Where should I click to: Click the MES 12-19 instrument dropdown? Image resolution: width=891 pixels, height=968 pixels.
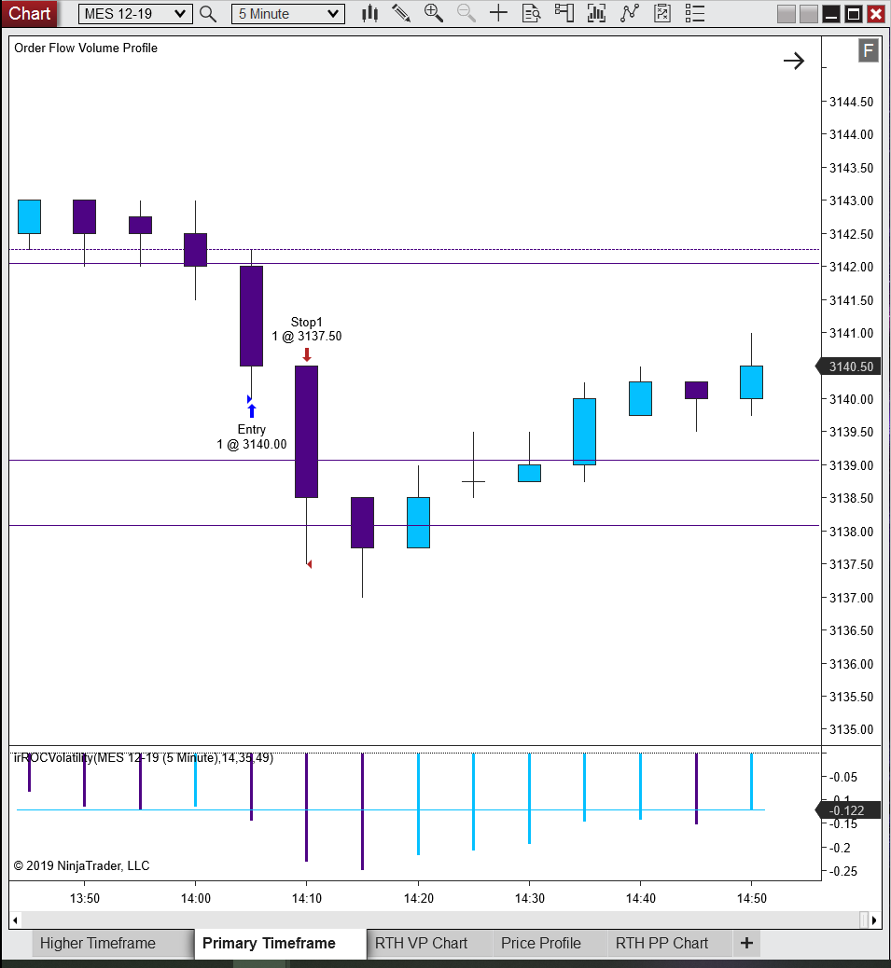(x=135, y=14)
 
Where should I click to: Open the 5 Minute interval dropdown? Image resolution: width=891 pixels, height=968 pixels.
(x=287, y=14)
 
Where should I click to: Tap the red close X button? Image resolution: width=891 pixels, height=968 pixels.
(x=875, y=14)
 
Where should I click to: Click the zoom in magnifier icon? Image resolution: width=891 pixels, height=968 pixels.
(x=434, y=13)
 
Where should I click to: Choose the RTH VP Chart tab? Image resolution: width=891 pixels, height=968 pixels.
(x=421, y=944)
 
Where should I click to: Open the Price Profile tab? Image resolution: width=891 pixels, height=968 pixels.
(x=541, y=944)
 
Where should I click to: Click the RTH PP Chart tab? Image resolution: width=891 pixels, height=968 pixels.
(x=661, y=944)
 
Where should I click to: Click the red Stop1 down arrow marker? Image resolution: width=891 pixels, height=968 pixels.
(x=307, y=354)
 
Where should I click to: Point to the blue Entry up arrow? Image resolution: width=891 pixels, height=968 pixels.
(x=251, y=410)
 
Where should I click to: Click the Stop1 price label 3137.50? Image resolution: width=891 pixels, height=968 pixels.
(x=320, y=337)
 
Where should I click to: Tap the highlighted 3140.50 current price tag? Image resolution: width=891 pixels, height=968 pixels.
(x=849, y=366)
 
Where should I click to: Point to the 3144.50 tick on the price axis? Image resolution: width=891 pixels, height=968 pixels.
(x=852, y=102)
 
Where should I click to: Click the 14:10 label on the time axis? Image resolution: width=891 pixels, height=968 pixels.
(x=307, y=898)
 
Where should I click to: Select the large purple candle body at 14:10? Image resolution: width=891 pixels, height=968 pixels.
(x=306, y=432)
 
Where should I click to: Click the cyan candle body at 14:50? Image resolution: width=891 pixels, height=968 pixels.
(x=751, y=382)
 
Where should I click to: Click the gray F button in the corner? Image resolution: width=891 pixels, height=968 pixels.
(x=869, y=50)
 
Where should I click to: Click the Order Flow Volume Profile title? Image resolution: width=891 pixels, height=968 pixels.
(x=86, y=48)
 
